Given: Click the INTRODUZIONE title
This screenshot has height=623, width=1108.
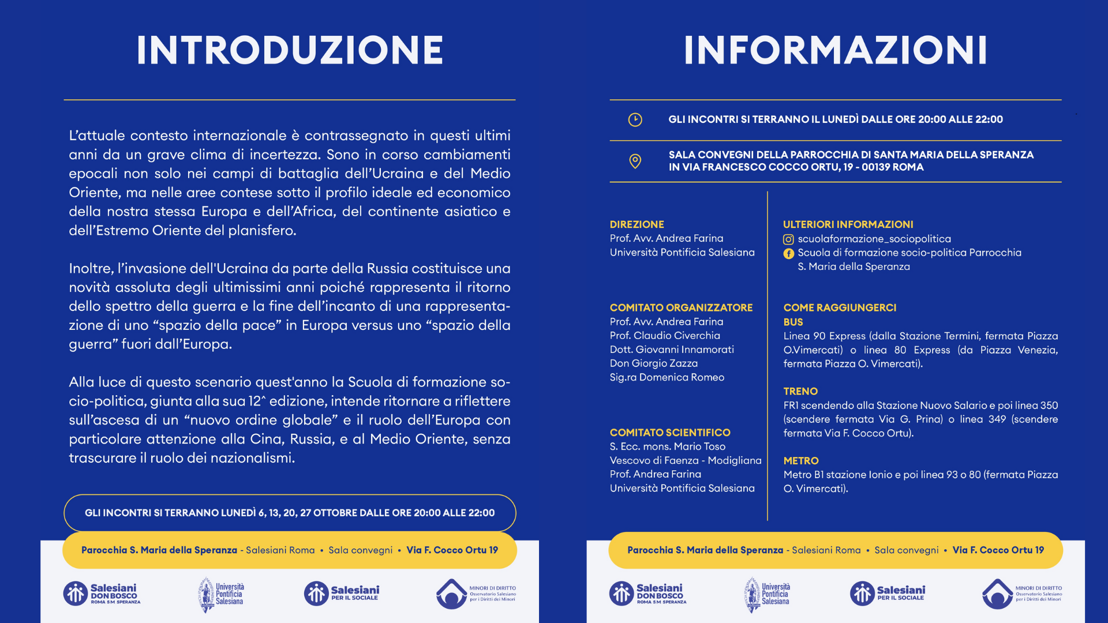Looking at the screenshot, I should (290, 50).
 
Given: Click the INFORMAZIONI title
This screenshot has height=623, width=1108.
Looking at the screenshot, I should (835, 50).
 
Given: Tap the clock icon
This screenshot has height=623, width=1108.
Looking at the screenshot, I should (635, 119).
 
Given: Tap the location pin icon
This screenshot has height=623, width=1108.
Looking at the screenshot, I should (635, 161).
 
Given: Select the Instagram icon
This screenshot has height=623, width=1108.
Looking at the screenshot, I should (788, 239).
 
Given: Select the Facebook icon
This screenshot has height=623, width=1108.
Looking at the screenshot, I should (788, 253).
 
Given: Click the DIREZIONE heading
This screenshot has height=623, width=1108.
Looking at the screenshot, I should (637, 224).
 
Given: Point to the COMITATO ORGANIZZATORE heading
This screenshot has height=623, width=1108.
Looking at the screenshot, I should (681, 307).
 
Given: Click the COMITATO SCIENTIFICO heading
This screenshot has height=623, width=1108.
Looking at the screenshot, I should (670, 433).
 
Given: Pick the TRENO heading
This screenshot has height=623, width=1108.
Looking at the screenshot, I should (800, 391).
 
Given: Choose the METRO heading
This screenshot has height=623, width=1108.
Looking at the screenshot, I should (801, 461).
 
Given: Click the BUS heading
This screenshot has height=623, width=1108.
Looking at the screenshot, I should (793, 322).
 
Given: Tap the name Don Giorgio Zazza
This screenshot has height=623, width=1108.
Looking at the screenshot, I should (653, 363).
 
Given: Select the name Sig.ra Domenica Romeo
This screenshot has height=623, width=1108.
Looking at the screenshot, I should (667, 377).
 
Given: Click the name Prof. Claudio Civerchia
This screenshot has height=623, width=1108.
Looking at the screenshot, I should (665, 336).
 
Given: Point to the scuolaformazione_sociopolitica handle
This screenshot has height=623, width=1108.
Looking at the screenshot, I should (874, 239).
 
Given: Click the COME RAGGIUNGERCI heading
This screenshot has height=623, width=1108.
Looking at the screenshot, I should (840, 307).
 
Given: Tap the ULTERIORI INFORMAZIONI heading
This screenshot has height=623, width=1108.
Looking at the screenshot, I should (848, 224).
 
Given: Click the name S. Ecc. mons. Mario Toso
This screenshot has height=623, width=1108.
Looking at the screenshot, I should (667, 446).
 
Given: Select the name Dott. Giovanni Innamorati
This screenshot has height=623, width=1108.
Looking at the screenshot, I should (672, 350).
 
